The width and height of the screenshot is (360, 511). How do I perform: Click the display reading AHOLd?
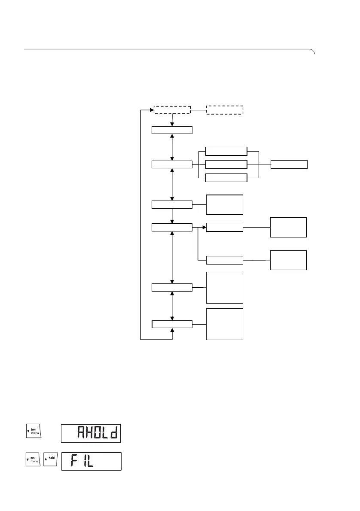click(91, 434)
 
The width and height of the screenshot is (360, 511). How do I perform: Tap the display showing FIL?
click(91, 461)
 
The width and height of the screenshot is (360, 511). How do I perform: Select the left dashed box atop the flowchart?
click(172, 109)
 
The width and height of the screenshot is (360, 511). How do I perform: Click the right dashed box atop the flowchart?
click(225, 109)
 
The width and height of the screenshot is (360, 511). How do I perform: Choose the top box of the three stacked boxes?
click(226, 151)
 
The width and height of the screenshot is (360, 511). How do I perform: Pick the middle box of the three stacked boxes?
click(226, 164)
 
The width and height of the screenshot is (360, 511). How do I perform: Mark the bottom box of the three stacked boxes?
click(226, 178)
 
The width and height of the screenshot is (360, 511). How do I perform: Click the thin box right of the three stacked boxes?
click(289, 164)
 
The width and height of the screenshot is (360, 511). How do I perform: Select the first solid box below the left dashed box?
click(172, 131)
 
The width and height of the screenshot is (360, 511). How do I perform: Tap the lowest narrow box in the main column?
click(172, 324)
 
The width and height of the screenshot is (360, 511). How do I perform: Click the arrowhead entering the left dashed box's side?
click(152, 109)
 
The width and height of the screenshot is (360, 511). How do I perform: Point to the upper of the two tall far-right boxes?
click(288, 227)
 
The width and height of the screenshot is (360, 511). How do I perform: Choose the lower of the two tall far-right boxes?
click(288, 259)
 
